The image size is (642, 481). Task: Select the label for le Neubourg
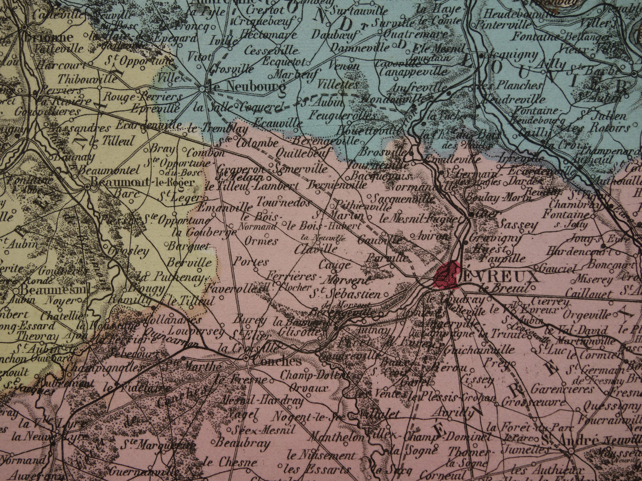coord(248,87)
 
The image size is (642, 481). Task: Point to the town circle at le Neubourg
coord(203,88)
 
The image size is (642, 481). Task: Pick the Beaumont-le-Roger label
coord(143,182)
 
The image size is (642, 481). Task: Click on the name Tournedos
coord(283,202)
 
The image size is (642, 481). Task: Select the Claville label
coord(315,249)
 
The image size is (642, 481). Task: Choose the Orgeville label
coord(587,314)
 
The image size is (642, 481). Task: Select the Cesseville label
coord(271,50)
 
